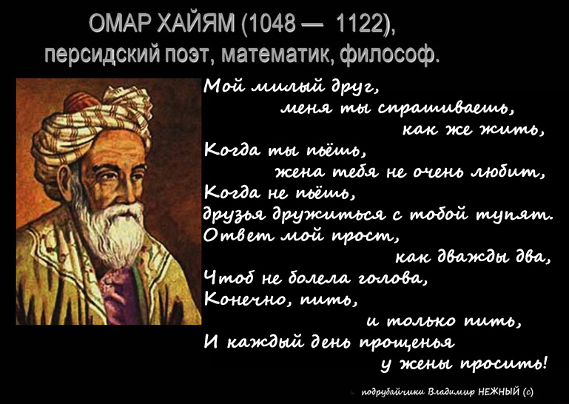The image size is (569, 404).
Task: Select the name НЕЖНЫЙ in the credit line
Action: pos(499,392)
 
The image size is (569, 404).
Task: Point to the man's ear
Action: pos(65,181)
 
